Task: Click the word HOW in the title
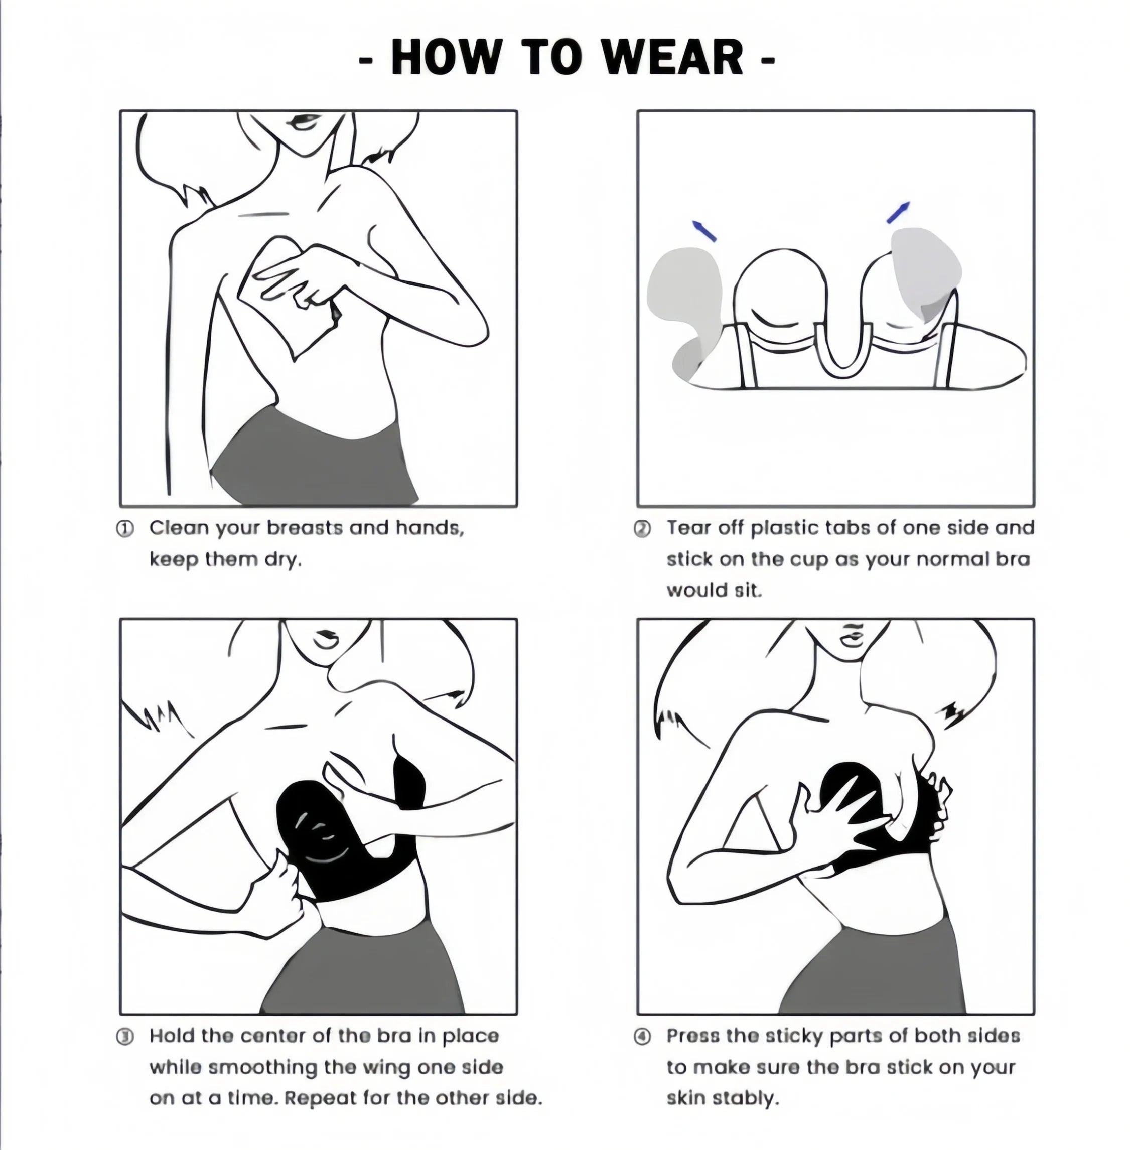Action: coord(445,58)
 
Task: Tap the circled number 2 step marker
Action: coord(643,529)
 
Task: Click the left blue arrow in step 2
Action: coord(704,231)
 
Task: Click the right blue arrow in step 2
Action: coord(897,212)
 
